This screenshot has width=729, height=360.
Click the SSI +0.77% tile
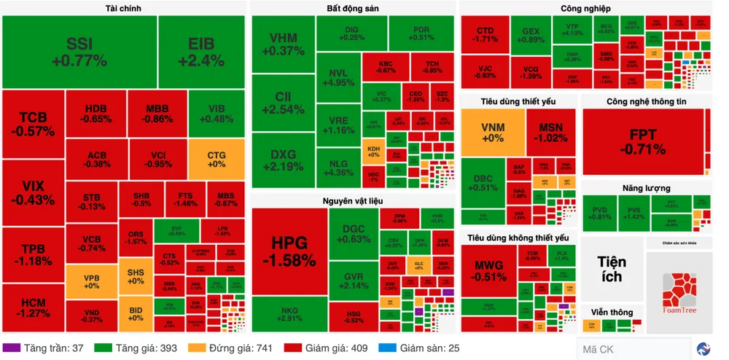pyautogui.click(x=80, y=51)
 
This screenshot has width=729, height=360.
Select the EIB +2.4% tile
pyautogui.click(x=200, y=51)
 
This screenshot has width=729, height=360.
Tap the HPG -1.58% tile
pyautogui.click(x=289, y=251)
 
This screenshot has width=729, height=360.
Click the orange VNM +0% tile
pyautogui.click(x=492, y=133)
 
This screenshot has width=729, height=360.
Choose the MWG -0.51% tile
pyautogui.click(x=489, y=270)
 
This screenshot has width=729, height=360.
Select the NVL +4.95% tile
pyautogui.click(x=338, y=77)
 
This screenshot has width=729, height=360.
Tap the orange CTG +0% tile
pyautogui.click(x=216, y=159)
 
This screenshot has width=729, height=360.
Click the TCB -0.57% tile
pyautogui.click(x=32, y=125)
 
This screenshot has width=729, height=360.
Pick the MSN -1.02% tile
pyautogui.click(x=550, y=133)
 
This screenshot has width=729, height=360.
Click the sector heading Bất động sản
pyautogui.click(x=352, y=8)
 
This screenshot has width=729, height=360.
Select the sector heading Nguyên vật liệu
pyautogui.click(x=353, y=200)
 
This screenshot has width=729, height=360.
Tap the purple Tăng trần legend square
pyautogui.click(x=11, y=348)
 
